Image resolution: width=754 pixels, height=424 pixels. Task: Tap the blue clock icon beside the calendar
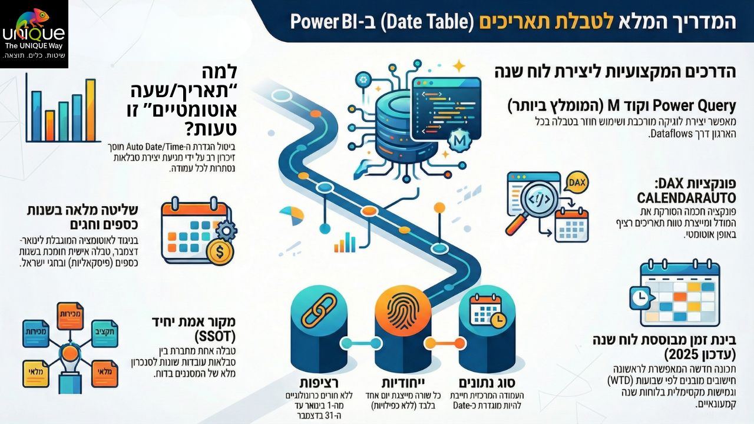638,298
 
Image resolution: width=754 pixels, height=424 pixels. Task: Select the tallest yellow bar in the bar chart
90,111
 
